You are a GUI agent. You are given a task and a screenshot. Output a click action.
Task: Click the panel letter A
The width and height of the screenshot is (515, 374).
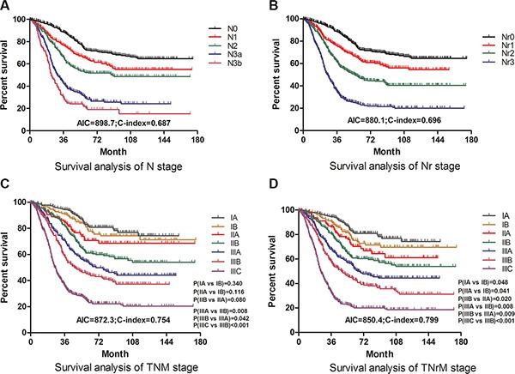tap(7, 7)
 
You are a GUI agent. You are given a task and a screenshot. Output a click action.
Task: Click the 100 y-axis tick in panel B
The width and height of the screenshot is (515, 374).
tap(279, 19)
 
